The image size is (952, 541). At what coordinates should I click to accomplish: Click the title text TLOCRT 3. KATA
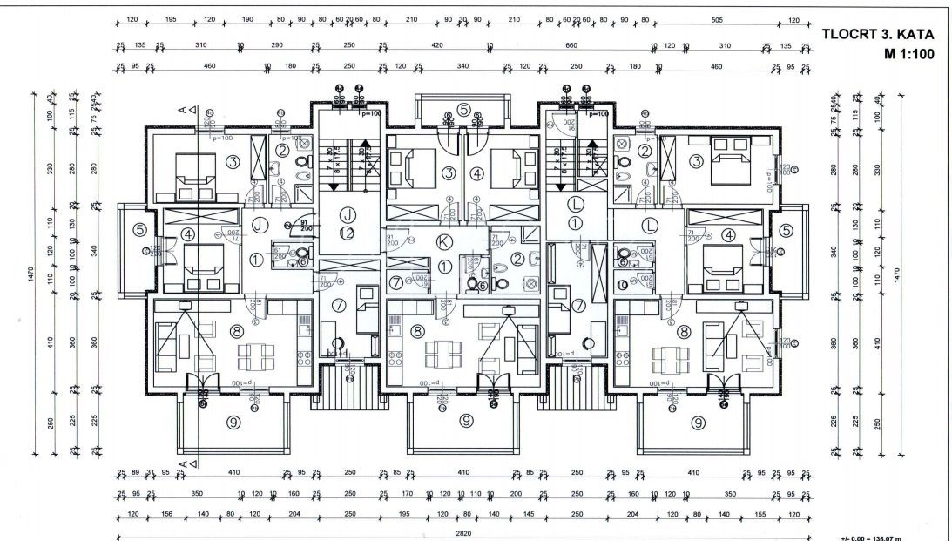(878, 36)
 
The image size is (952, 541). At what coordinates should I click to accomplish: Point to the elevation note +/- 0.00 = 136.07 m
(882, 536)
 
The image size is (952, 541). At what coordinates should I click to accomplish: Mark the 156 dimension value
(168, 513)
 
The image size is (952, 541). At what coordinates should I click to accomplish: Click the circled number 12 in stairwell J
(348, 233)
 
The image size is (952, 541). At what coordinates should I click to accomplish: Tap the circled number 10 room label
(622, 284)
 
